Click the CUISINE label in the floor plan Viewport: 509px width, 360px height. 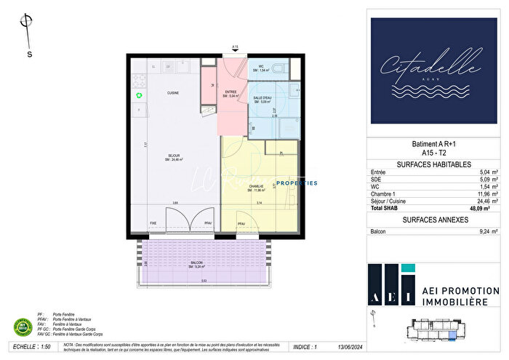[x=173, y=93]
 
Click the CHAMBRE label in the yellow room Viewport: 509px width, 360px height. [x=256, y=187]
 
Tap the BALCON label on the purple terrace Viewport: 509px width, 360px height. [x=197, y=264]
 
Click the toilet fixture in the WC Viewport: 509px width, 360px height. [x=281, y=68]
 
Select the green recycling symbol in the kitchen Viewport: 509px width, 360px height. [x=138, y=95]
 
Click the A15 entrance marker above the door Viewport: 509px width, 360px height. [x=235, y=47]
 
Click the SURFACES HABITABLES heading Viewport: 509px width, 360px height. [x=435, y=165]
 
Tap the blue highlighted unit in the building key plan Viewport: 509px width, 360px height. [x=454, y=335]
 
